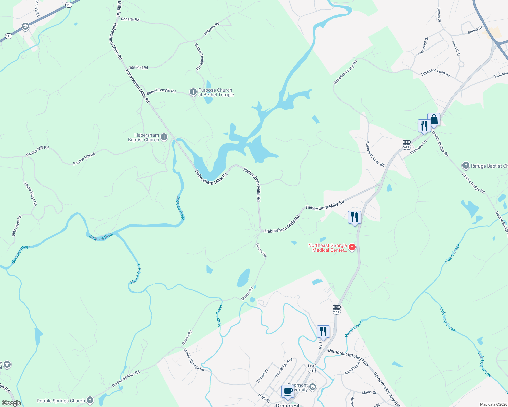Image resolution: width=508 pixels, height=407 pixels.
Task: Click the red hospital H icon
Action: click(x=352, y=247)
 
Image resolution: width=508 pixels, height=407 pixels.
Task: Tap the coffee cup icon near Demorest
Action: click(x=288, y=391)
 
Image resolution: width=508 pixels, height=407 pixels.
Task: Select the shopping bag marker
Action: click(x=434, y=120)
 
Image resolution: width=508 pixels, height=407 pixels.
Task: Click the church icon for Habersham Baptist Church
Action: click(x=164, y=137)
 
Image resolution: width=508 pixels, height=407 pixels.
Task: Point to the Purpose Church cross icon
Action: click(x=193, y=92)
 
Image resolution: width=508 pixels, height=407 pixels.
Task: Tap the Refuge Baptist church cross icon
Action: click(x=466, y=166)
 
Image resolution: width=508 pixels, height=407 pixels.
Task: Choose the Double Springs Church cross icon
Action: click(x=90, y=400)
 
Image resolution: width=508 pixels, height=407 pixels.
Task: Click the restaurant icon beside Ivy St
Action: click(x=323, y=331)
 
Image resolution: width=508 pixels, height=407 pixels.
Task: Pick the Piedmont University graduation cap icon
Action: click(x=312, y=387)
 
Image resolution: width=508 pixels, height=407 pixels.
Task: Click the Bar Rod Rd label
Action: click(x=139, y=67)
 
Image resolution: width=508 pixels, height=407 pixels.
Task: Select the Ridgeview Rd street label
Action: click(x=17, y=226)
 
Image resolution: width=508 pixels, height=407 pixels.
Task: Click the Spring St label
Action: click(x=475, y=30)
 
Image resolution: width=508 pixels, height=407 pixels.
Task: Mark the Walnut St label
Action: click(x=262, y=376)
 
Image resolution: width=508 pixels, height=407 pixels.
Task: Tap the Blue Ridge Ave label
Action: click(x=284, y=368)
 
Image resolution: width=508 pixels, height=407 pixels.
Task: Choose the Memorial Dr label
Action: click(x=423, y=46)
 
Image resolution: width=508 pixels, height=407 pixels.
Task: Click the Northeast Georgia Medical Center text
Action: click(x=327, y=248)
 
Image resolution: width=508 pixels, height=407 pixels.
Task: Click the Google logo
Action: click(x=11, y=403)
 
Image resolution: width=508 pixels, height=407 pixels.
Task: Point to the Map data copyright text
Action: click(x=493, y=404)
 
